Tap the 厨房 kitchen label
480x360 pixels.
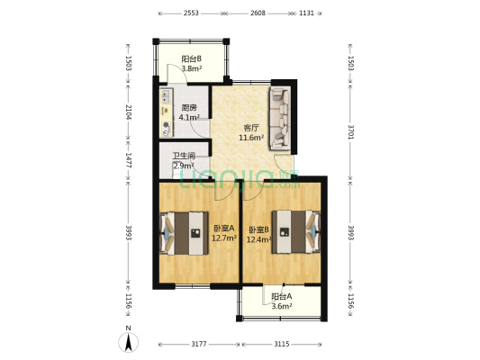click(x=189, y=108)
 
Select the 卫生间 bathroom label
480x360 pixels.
click(x=184, y=156)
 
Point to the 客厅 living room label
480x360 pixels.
click(x=251, y=128)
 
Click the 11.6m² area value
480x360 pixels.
click(x=251, y=138)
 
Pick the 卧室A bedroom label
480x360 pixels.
click(x=223, y=229)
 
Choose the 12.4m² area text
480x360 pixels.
click(x=259, y=239)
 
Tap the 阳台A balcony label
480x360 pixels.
click(x=282, y=296)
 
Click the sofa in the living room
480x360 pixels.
click(x=280, y=119)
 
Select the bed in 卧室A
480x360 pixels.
click(x=184, y=233)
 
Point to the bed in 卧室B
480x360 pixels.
click(x=296, y=232)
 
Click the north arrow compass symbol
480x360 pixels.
click(x=129, y=340)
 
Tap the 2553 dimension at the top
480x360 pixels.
click(x=191, y=13)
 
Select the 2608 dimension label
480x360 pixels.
click(x=258, y=13)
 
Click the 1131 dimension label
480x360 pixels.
click(x=306, y=13)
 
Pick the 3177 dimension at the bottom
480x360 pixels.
click(x=199, y=345)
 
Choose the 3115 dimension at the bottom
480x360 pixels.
click(x=282, y=345)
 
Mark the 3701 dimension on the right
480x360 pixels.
click(x=351, y=131)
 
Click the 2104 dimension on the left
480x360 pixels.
click(x=129, y=112)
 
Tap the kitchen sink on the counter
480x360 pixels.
click(x=166, y=95)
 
